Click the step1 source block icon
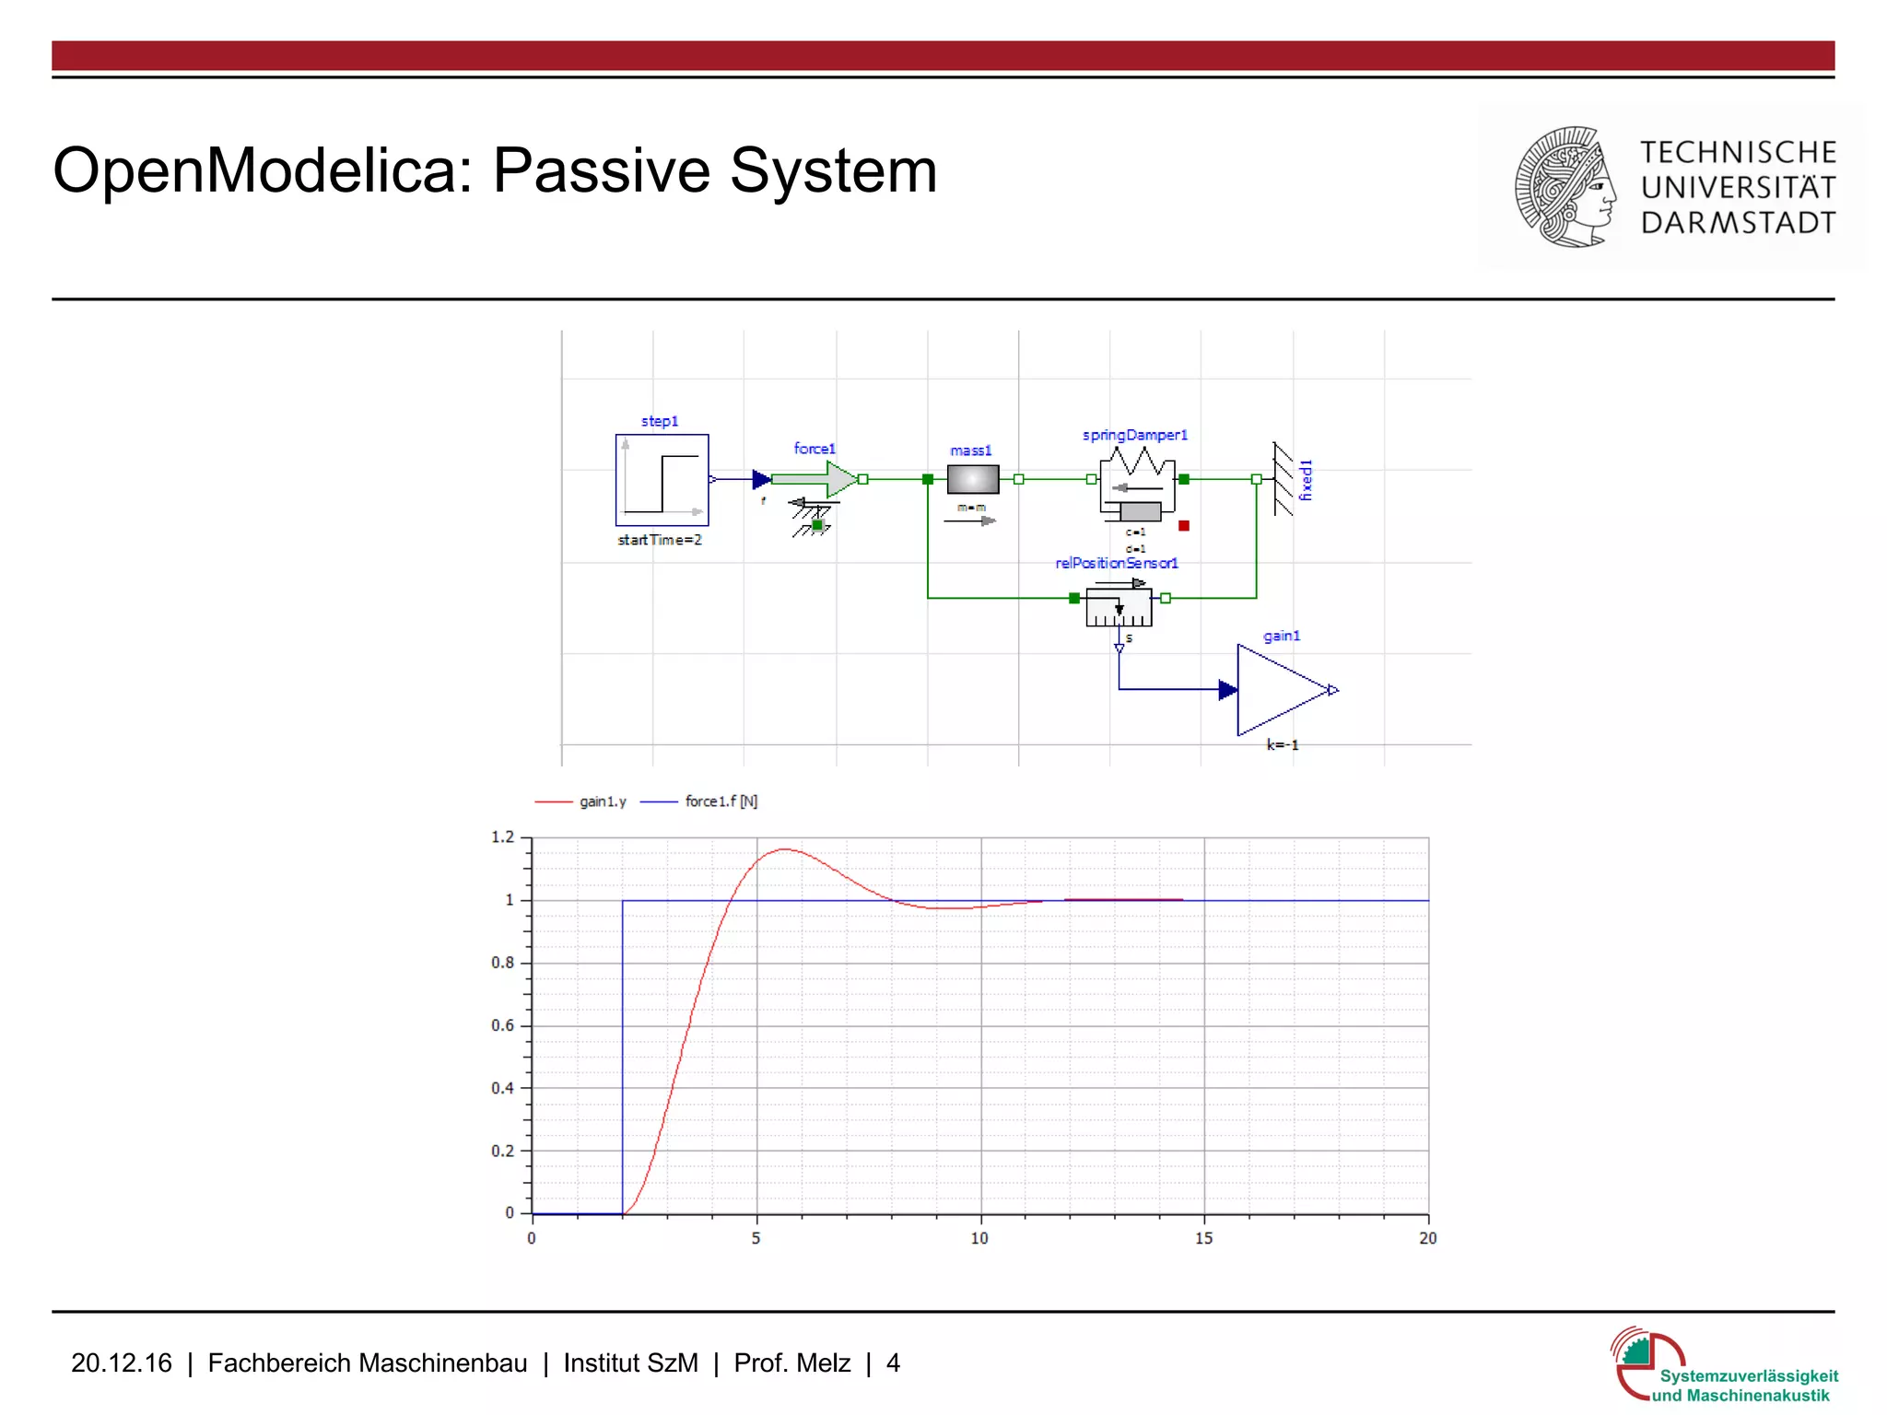(662, 480)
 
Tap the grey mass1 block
(972, 479)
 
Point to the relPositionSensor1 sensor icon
(1119, 607)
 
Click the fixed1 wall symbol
(1283, 479)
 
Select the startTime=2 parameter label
(660, 540)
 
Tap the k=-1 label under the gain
(1282, 744)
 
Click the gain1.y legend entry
(603, 801)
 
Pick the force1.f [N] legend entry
(721, 801)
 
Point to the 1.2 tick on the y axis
(503, 837)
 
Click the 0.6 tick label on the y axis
(503, 1025)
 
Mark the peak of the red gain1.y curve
(784, 849)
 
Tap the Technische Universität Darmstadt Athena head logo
(1565, 187)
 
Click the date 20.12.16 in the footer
(122, 1363)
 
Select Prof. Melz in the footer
(791, 1363)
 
